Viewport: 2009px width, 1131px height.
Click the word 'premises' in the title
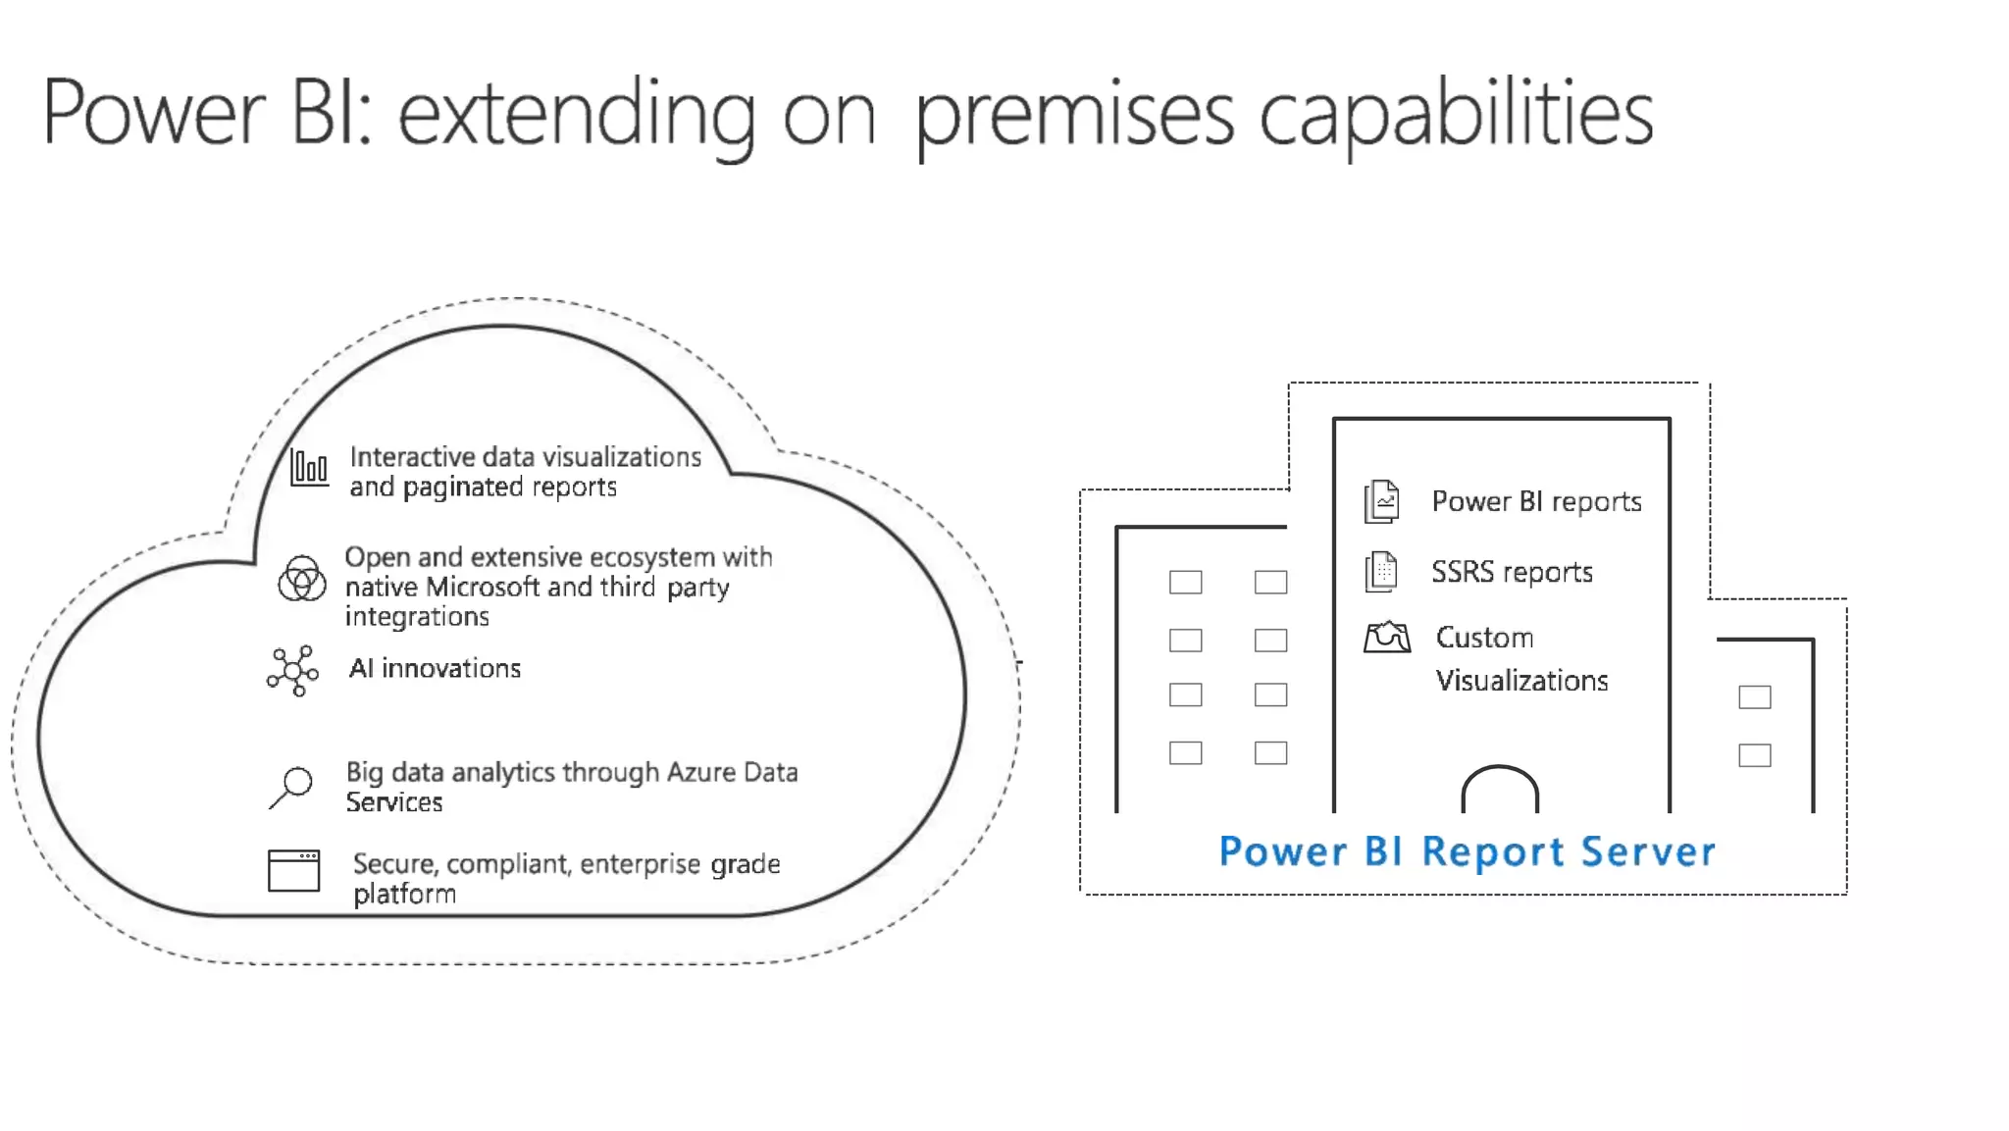(1073, 116)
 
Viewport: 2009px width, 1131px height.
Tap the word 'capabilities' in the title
(1456, 116)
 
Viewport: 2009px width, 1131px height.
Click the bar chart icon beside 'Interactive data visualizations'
(309, 468)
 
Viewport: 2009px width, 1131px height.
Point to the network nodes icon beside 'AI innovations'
(292, 671)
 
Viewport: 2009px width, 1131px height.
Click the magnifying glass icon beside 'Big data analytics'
(291, 787)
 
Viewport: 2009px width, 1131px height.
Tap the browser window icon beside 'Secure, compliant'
(293, 870)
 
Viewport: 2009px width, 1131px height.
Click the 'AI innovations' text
(435, 669)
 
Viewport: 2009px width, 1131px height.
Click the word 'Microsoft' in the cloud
(483, 588)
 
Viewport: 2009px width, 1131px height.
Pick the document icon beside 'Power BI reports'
(1381, 502)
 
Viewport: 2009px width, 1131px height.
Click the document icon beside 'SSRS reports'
(1381, 572)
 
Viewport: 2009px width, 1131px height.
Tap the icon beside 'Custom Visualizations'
(1386, 638)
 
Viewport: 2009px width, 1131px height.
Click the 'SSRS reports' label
(1511, 572)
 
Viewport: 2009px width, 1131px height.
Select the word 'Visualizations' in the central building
(1521, 681)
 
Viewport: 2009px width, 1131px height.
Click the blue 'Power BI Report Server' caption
(1467, 851)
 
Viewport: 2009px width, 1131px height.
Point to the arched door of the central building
(1500, 791)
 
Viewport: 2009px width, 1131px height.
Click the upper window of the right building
(1754, 697)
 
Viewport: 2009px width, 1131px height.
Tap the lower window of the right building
(1754, 755)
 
